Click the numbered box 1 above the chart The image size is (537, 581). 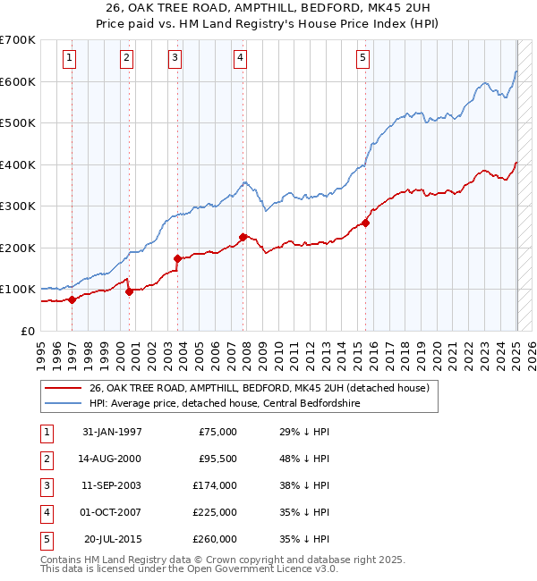(x=70, y=59)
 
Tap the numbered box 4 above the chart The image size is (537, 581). (x=241, y=59)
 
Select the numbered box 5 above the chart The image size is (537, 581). (x=362, y=59)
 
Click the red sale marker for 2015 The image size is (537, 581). (x=366, y=223)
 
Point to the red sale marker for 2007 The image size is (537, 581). (x=243, y=237)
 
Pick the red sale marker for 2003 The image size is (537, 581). (x=177, y=258)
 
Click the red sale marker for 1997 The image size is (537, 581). (x=72, y=299)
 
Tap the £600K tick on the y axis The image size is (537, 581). (x=18, y=81)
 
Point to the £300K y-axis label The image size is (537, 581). (x=18, y=206)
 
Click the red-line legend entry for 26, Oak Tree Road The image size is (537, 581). (x=260, y=388)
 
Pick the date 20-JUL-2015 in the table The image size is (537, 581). (x=112, y=539)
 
